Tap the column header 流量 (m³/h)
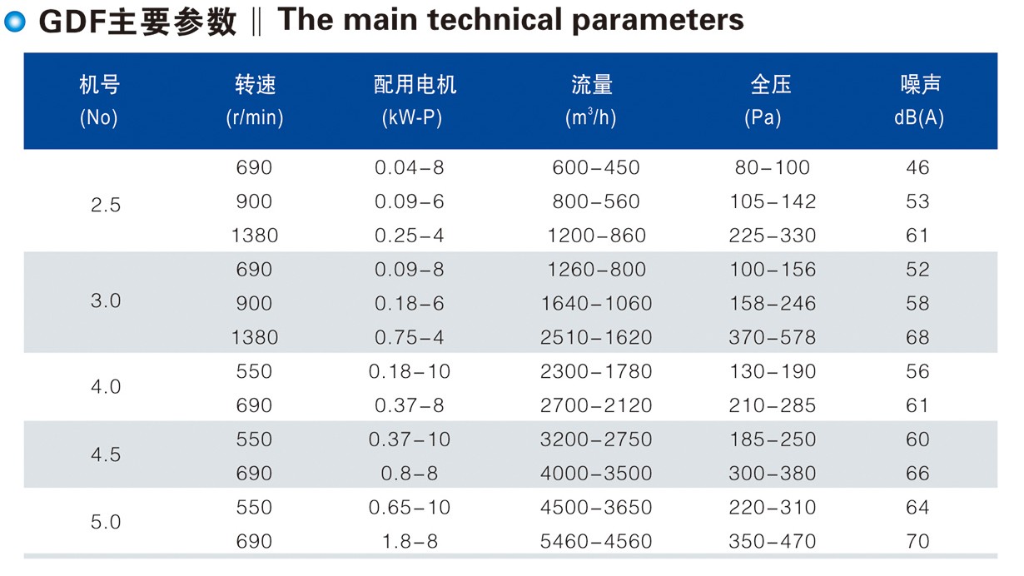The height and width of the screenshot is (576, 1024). point(591,101)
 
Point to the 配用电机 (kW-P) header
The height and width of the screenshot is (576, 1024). point(414,101)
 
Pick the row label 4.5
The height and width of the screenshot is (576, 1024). point(106,454)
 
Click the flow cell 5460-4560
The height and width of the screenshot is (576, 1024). point(596,542)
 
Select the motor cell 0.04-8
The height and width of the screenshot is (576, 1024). point(410,167)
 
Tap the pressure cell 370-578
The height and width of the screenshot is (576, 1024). point(773,337)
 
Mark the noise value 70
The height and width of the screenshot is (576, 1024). point(917,542)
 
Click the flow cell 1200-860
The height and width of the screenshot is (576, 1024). point(596,236)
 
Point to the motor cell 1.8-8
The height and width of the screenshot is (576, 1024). point(410,542)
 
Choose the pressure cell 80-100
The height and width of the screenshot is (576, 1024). point(773,167)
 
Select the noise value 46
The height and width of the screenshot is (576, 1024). point(917,167)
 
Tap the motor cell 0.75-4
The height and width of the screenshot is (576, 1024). point(410,337)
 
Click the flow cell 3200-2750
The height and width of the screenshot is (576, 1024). point(596,439)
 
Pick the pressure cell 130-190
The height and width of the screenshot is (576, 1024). point(773,371)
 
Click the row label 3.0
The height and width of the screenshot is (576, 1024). point(106,301)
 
